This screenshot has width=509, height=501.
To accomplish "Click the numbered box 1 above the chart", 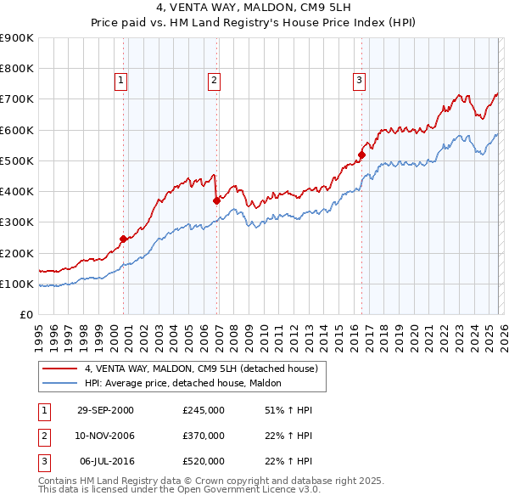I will click(121, 81).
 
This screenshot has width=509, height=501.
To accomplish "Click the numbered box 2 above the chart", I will click(214, 81).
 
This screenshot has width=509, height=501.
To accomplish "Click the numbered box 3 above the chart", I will click(359, 81).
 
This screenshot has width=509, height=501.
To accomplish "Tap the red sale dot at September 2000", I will click(124, 239).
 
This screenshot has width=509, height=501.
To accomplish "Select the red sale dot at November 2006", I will click(216, 200).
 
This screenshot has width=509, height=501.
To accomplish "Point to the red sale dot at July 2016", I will click(361, 155).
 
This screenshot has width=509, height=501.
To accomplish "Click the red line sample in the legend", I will click(60, 369).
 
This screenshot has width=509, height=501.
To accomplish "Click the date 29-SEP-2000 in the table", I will click(105, 410).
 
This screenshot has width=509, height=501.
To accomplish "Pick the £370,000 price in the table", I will click(204, 436).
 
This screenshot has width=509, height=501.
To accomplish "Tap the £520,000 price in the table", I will click(204, 461).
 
